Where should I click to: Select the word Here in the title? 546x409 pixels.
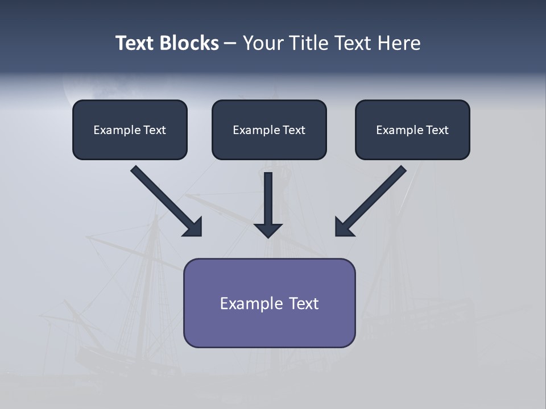coord(398,43)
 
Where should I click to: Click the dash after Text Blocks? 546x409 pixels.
coord(230,44)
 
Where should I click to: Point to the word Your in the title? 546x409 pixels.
coord(262,43)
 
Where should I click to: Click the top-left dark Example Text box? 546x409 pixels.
coord(130,130)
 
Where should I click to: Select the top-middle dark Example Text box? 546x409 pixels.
coord(269,130)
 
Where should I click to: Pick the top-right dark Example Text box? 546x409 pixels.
coord(412,130)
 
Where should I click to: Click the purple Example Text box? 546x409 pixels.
coord(269,303)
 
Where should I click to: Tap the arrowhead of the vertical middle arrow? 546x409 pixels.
coord(268,229)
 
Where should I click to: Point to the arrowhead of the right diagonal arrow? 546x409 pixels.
coord(344,227)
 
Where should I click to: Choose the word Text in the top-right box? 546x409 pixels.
coord(437,130)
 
